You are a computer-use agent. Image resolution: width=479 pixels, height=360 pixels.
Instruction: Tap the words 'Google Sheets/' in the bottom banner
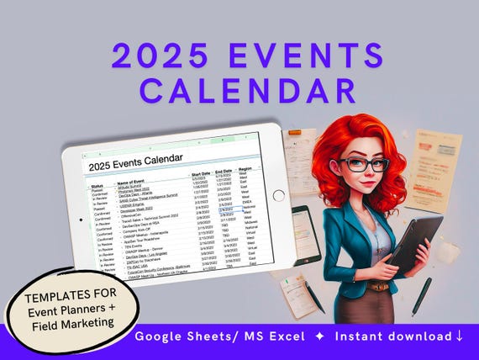pyautogui.click(x=177, y=336)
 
